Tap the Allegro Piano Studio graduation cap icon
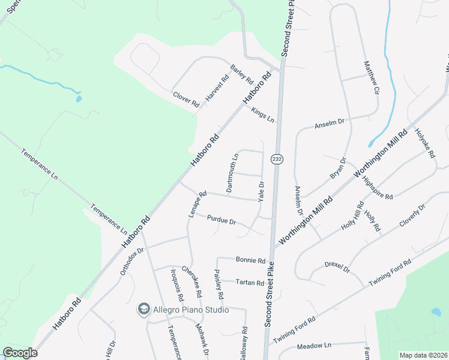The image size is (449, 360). coord(143,310)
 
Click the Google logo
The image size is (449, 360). coord(20,353)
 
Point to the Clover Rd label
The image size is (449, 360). coord(185,99)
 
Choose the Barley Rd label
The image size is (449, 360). coord(243,74)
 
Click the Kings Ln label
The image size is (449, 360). coord(262,115)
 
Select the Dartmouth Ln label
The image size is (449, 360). coord(233,173)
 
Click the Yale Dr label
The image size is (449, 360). coord(261,191)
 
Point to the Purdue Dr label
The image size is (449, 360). coord(221,220)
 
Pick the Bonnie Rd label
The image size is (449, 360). coord(250,261)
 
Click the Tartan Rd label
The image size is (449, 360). coord(250,282)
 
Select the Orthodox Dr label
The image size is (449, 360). coord(132,262)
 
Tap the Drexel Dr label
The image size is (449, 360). coord(337,266)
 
